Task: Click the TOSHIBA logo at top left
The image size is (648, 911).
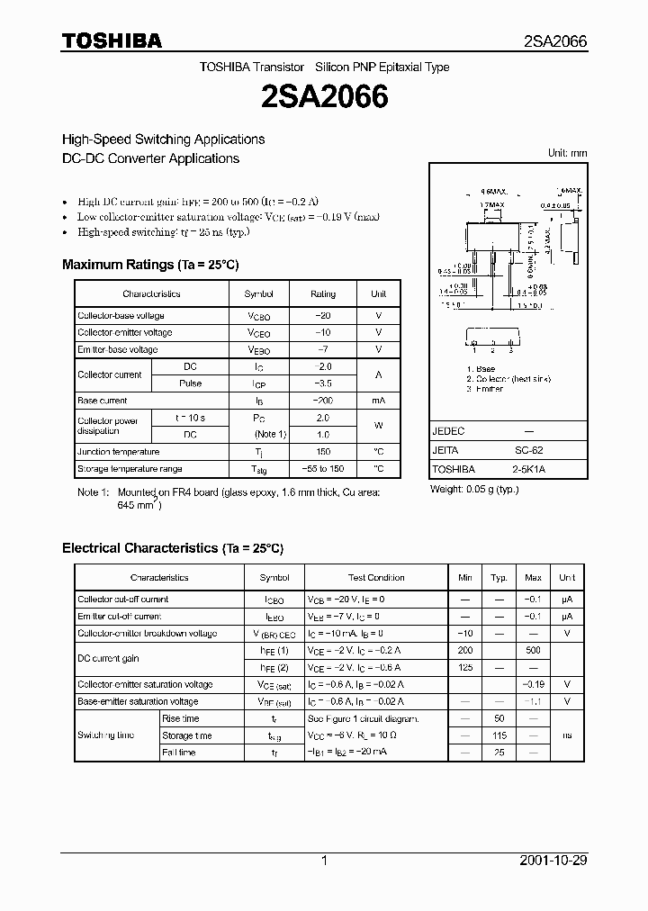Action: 112,41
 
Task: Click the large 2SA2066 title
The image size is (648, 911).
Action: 324,97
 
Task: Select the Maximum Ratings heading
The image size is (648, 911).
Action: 149,265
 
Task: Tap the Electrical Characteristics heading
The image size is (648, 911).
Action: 172,547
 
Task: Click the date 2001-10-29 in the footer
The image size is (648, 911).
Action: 553,861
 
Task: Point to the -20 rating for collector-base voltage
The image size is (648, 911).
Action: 323,316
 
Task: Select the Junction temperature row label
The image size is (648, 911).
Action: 118,452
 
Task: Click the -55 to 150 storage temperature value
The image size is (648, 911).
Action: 323,469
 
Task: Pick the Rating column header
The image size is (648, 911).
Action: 323,293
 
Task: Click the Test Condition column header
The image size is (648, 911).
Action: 376,578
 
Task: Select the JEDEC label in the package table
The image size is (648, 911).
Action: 447,431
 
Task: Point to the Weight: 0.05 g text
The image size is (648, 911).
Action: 474,489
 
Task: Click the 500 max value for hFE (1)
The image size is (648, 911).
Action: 533,650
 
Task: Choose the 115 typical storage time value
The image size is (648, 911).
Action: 499,735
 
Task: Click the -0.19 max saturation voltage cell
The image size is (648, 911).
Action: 533,684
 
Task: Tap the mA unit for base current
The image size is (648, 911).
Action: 378,401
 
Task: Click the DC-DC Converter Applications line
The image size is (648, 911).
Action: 150,158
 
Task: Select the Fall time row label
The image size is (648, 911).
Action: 178,753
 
